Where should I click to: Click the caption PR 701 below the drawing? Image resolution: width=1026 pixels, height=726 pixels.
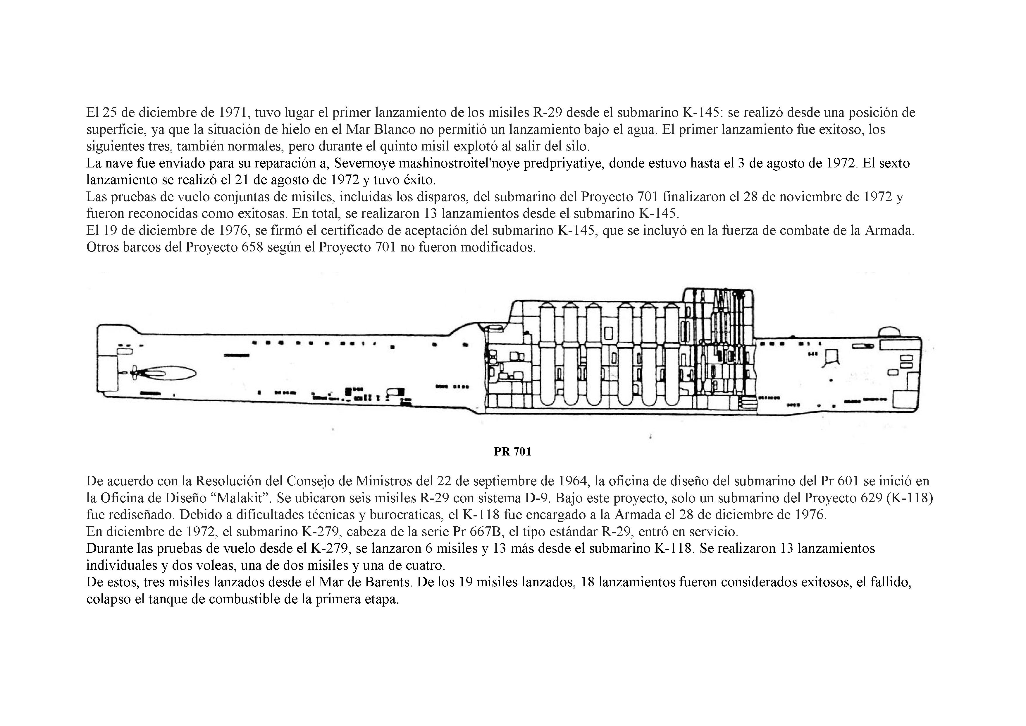(512, 452)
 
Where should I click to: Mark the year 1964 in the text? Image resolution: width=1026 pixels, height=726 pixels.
(572, 481)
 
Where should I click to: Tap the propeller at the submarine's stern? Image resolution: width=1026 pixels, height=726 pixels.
(134, 371)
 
